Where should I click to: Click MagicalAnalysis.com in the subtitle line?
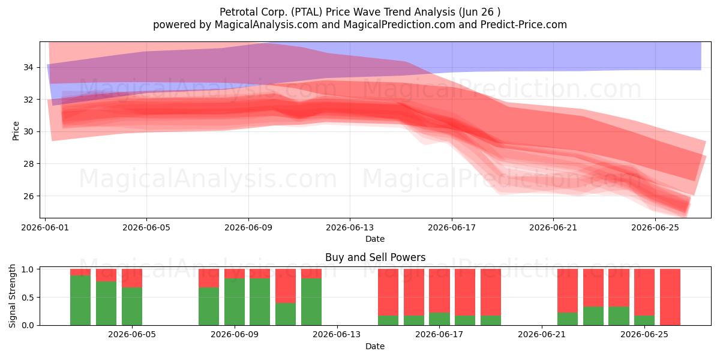[266, 25]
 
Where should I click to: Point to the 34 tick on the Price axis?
[28, 67]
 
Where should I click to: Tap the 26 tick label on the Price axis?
[28, 196]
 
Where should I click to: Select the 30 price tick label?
[28, 132]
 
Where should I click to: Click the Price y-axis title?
[16, 131]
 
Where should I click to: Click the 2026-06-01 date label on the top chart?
[45, 227]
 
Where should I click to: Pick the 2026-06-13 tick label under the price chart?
[350, 227]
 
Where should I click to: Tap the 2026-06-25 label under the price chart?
[655, 227]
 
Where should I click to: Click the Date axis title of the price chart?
[375, 239]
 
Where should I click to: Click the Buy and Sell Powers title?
[375, 257]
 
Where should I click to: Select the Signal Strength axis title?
[12, 296]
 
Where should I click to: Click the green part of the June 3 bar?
[106, 304]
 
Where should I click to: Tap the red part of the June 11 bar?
[286, 286]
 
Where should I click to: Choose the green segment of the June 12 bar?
[311, 302]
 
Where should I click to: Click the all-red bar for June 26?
[670, 297]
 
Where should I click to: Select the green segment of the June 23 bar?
[593, 316]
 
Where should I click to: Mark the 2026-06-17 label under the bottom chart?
[439, 335]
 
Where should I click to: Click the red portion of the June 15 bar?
[388, 292]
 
